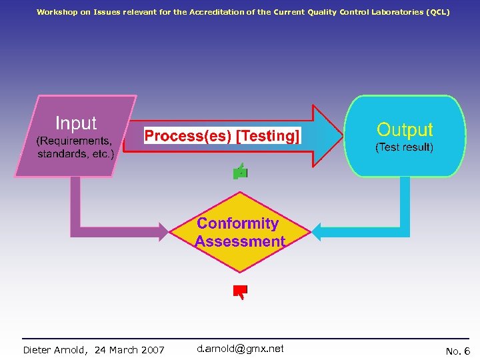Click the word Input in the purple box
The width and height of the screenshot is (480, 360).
[x=76, y=123]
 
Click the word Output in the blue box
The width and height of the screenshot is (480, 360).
[x=405, y=129]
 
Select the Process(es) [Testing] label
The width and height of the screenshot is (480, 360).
[x=223, y=136]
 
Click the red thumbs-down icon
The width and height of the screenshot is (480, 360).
[x=240, y=291]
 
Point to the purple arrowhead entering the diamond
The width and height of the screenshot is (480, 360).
[x=162, y=231]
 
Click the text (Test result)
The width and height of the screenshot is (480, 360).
[x=405, y=147]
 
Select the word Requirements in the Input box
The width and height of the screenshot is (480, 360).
[x=74, y=141]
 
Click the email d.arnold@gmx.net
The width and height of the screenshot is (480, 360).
[x=240, y=349]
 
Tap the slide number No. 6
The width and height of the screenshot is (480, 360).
[x=457, y=351]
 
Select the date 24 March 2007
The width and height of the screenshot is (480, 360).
[x=129, y=350]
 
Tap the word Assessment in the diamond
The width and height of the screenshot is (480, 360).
[x=241, y=241]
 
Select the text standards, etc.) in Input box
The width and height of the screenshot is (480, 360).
[x=76, y=154]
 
